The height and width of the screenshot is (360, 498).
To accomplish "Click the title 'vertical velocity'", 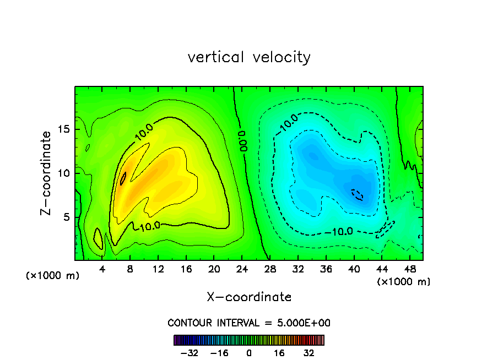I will click(x=249, y=57).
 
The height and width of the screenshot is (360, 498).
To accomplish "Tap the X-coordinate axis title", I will click(x=249, y=297).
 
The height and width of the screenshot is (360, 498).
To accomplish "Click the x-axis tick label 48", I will click(x=409, y=270).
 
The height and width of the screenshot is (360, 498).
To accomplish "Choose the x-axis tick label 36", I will click(x=326, y=270).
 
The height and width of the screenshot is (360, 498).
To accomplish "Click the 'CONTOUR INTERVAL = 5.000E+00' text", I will click(x=249, y=323).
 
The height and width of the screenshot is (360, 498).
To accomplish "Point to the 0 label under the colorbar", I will click(x=249, y=353).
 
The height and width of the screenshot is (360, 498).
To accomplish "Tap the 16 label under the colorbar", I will click(x=279, y=353).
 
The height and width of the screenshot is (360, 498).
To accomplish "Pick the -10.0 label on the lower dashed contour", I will click(x=338, y=231).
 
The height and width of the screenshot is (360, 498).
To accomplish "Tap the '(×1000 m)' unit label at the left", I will click(x=52, y=275).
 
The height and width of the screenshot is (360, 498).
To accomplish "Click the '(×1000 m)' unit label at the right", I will click(x=403, y=281).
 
